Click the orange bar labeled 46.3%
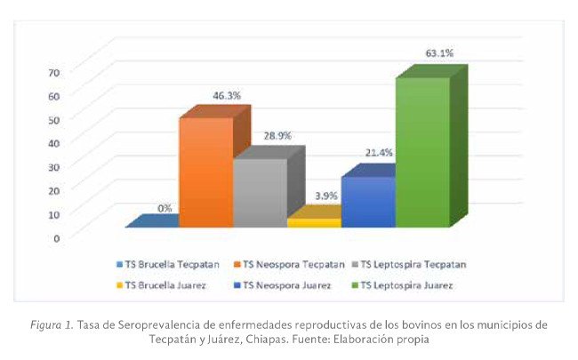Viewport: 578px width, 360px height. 205,173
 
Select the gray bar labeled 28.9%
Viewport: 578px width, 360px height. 260,193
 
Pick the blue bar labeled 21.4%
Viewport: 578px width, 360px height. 367,202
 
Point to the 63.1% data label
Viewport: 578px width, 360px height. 439,53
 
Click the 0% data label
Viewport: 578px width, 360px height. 165,208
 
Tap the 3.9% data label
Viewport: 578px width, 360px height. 328,195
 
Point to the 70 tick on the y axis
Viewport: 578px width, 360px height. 54,72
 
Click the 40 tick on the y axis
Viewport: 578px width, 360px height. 54,142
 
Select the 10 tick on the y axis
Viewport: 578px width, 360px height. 54,213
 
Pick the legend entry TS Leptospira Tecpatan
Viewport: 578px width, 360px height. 413,264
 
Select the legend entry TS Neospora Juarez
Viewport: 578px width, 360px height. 284,285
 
